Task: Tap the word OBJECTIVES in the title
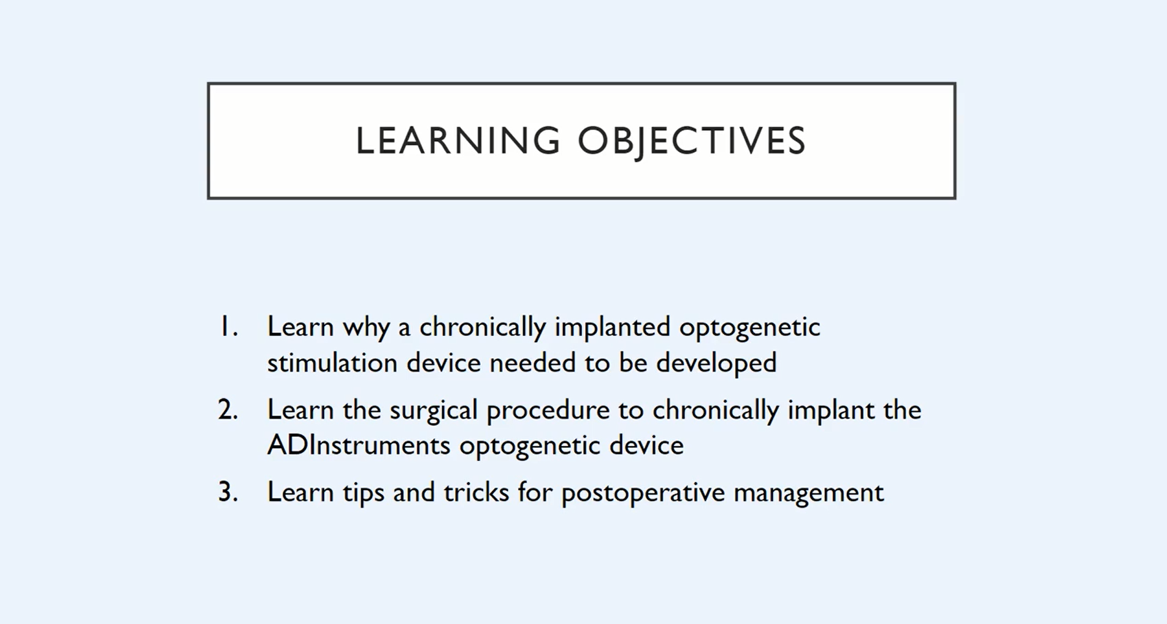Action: point(692,142)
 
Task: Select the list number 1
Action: point(229,327)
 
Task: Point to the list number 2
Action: point(228,409)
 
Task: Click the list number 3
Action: point(228,492)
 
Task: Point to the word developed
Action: point(716,363)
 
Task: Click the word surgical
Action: point(434,411)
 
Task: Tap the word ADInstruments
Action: point(359,445)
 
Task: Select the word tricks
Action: point(476,492)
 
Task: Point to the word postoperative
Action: point(643,493)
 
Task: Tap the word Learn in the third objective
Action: point(300,492)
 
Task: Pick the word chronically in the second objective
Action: point(716,411)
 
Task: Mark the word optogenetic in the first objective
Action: point(749,328)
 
